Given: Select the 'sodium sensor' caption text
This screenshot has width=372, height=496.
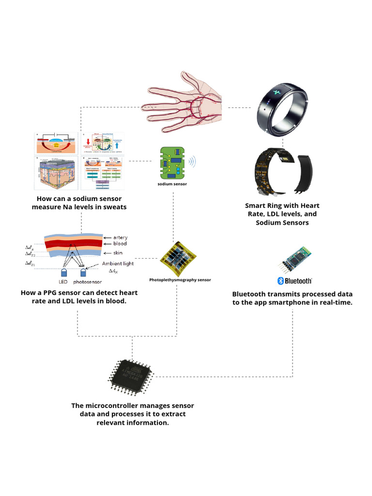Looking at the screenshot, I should (x=172, y=185).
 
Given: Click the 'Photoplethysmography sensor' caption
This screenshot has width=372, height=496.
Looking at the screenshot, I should (x=180, y=279).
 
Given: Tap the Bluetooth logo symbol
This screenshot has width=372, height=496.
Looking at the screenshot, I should (x=280, y=280).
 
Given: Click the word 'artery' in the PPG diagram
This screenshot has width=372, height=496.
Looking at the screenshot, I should (x=120, y=237).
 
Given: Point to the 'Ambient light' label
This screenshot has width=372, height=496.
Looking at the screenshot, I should (x=118, y=264).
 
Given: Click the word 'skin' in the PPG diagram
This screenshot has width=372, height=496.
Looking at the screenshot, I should (x=118, y=253).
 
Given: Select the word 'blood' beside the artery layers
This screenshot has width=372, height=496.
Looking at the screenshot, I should (x=120, y=244).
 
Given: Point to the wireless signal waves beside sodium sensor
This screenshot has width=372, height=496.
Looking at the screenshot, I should (x=193, y=161).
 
